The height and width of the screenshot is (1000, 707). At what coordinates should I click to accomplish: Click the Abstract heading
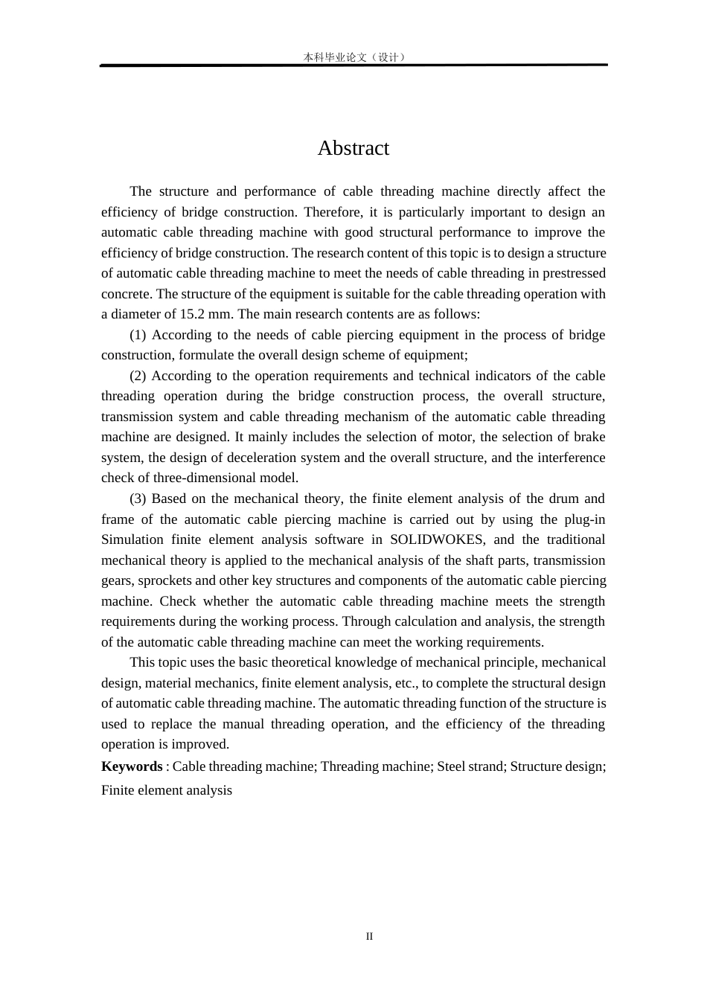point(353,148)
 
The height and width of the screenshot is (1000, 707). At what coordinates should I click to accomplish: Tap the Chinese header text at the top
point(354,57)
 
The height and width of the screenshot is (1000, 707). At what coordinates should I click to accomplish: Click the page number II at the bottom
point(369,936)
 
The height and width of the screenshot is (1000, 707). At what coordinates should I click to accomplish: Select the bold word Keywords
point(132,766)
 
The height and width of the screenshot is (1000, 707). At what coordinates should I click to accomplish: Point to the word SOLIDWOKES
point(436,539)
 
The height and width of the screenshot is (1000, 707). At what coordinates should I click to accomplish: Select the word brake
point(589,437)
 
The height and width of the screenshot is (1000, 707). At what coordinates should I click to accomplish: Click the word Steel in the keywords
point(451,766)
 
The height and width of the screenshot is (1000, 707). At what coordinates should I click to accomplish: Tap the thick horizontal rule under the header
point(354,65)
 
